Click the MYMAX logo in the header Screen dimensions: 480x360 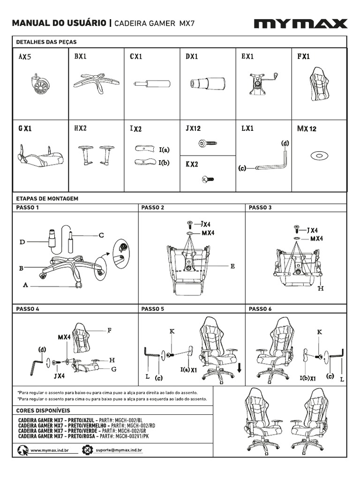tap(300, 24)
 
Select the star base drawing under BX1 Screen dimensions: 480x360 tap(96, 83)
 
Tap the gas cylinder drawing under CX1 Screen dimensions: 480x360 tap(152, 84)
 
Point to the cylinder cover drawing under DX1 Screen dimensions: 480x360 tap(208, 84)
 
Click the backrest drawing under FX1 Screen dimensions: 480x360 tap(319, 85)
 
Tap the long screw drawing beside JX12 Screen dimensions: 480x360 tap(207, 143)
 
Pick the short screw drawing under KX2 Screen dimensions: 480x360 tap(207, 179)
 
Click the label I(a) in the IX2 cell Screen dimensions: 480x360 tap(164, 150)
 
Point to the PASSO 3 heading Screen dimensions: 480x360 tap(260, 207)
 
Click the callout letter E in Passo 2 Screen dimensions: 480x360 tap(232, 266)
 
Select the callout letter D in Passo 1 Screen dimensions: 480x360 tap(22, 242)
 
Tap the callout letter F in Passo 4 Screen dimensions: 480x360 tap(109, 330)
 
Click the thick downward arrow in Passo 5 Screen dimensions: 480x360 tap(239, 368)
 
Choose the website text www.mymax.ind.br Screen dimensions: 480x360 tap(49, 450)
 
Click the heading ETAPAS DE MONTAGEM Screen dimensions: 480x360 tap(47, 198)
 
